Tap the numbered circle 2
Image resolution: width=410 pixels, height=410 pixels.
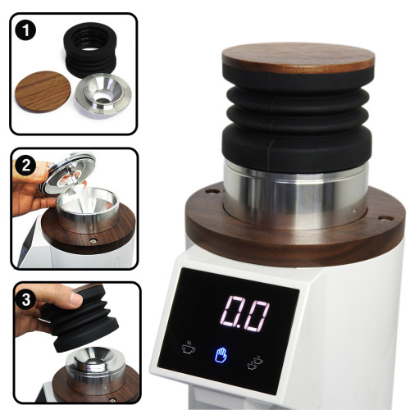click(x=25, y=166)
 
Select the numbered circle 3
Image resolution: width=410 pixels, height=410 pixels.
click(x=26, y=298)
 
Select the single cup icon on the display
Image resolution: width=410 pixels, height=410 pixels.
click(x=188, y=348)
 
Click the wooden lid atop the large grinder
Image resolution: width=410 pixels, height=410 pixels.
click(x=297, y=57)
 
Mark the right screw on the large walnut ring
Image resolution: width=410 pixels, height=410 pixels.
click(x=381, y=218)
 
